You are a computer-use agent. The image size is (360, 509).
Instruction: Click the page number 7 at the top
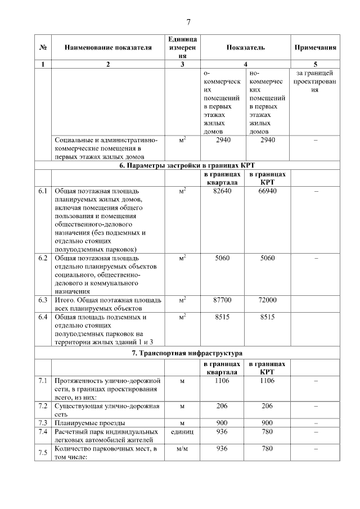(188, 22)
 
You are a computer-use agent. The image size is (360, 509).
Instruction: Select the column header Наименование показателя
(108, 48)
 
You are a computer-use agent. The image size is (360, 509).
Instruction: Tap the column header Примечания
(316, 48)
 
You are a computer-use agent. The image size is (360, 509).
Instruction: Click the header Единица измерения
(182, 48)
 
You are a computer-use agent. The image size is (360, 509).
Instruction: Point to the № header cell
(43, 48)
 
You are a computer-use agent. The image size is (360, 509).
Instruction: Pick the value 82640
(223, 192)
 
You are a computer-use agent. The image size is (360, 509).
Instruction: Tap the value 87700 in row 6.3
(223, 300)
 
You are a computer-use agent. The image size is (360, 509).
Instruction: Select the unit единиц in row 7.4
(182, 431)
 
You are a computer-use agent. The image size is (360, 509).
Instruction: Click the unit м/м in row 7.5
(182, 449)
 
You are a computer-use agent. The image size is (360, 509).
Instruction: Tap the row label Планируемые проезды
(89, 422)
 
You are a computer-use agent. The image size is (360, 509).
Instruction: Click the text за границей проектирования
(316, 82)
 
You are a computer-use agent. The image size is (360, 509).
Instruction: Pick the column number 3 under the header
(182, 64)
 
